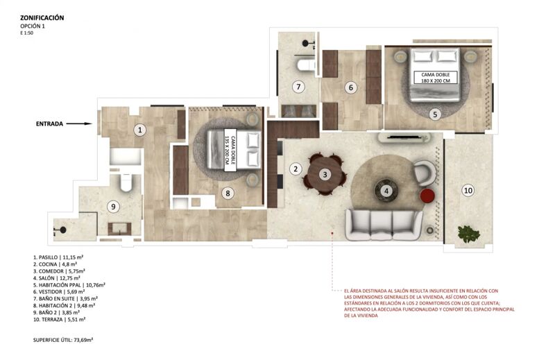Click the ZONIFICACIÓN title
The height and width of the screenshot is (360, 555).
[42, 18]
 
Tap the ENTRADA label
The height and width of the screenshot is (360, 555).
[49, 124]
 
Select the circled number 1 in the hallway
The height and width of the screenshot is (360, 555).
[139, 129]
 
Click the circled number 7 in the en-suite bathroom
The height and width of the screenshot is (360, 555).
[298, 87]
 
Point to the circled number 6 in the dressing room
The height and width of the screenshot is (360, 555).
[351, 87]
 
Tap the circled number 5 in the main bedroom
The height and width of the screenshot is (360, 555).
[434, 114]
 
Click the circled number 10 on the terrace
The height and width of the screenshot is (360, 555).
[468, 189]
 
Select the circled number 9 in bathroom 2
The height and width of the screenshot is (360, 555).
[114, 205]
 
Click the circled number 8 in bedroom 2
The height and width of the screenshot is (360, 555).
[227, 194]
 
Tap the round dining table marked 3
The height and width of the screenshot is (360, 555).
[324, 174]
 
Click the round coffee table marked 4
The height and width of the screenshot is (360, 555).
[386, 188]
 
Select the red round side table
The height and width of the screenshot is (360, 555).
[427, 196]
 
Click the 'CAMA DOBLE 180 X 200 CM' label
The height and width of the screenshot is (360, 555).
[435, 78]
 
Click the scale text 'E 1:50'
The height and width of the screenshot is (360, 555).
[28, 33]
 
